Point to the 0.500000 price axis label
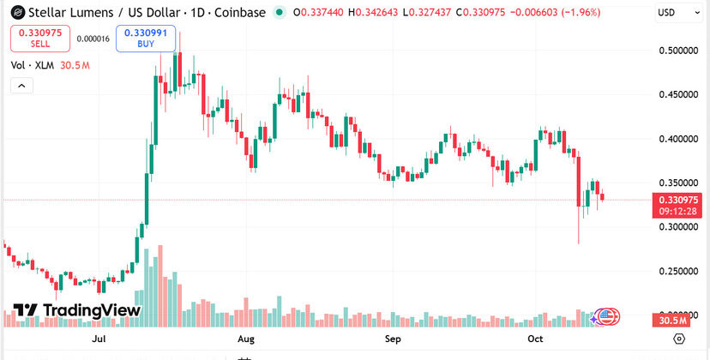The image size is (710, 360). click(x=679, y=51)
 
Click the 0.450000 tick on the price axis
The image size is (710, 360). click(x=679, y=94)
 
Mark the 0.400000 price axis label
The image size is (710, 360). click(x=679, y=139)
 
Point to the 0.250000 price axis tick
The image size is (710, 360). click(x=679, y=272)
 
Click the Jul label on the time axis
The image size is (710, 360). click(x=99, y=339)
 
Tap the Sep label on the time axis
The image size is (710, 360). click(x=393, y=339)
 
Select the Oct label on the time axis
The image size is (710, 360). click(x=536, y=339)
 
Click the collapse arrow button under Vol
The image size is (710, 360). click(x=21, y=85)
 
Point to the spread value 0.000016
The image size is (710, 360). click(x=93, y=39)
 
